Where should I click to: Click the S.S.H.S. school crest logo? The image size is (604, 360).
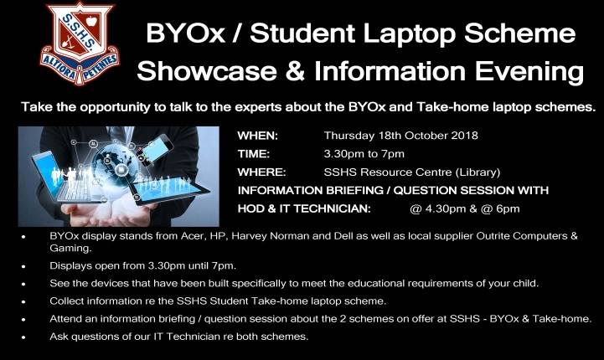[x=80, y=44]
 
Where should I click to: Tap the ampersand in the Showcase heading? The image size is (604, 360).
[x=296, y=71]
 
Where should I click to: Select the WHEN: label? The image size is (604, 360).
[x=258, y=136]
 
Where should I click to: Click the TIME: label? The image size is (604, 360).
[x=254, y=154]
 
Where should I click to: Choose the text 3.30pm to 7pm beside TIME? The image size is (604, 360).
[x=364, y=154]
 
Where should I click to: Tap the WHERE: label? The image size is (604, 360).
[x=261, y=172]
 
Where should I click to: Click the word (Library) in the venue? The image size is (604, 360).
[x=478, y=172]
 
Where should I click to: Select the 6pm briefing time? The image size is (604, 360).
[x=508, y=209]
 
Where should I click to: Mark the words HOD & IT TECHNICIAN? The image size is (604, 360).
[x=304, y=208]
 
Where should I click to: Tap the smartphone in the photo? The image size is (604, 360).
[x=157, y=149]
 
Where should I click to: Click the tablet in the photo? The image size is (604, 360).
[x=168, y=188]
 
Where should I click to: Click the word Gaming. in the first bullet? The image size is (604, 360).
[x=70, y=249]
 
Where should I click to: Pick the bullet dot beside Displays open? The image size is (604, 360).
[x=23, y=266]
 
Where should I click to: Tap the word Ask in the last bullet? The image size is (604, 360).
[x=59, y=337]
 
